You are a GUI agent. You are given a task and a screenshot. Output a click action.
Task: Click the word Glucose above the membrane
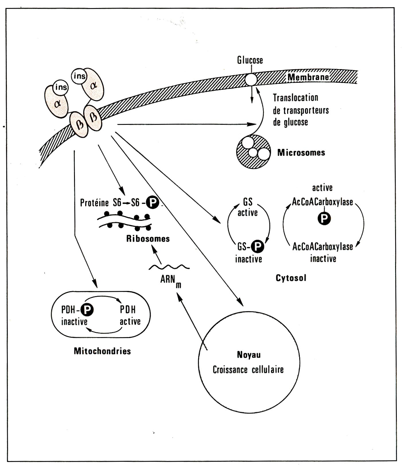coord(250,60)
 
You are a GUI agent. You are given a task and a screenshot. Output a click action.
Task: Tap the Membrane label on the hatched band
coord(308,77)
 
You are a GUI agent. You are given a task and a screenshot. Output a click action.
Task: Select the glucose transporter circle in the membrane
coord(251,79)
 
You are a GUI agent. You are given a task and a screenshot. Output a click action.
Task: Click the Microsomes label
coord(301,152)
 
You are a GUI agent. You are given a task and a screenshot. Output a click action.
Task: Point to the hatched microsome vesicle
coord(253,152)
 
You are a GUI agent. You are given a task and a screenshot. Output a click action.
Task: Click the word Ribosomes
coord(148,238)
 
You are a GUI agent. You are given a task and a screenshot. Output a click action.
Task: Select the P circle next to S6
coord(152,203)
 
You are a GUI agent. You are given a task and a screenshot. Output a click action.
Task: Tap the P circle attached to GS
coord(257,246)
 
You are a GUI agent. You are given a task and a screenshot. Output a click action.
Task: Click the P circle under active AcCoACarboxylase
coord(324,219)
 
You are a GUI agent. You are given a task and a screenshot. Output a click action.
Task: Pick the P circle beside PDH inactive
coord(87,309)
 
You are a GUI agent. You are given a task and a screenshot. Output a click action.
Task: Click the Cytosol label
coord(291,278)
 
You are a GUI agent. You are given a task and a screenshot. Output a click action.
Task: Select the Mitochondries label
coord(102,351)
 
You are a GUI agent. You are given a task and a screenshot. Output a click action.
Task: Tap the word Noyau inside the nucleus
coord(248,355)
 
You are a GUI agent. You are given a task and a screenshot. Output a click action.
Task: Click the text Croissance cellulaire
coord(248,369)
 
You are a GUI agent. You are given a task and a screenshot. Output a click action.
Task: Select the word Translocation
coord(295,98)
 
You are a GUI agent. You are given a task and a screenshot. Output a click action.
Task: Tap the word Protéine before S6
coord(94,203)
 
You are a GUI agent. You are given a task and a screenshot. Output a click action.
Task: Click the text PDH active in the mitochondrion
coord(130,315)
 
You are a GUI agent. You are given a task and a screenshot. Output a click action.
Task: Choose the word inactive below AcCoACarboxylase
coord(323,259)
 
